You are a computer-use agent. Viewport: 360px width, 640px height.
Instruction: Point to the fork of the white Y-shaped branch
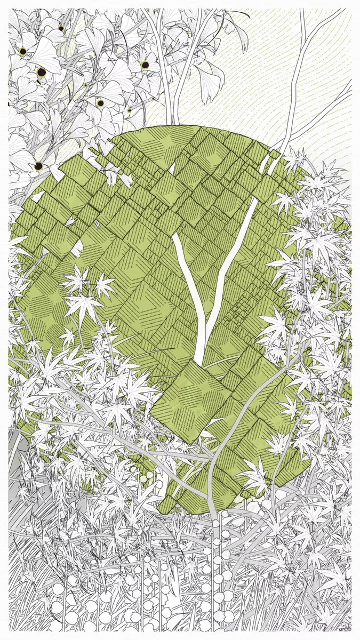pyautogui.click(x=203, y=320)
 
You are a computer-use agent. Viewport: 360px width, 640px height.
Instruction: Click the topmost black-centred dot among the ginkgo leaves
pyautogui.click(x=61, y=28)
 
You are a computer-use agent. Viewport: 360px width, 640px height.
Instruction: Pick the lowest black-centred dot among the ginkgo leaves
pyautogui.click(x=39, y=166)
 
